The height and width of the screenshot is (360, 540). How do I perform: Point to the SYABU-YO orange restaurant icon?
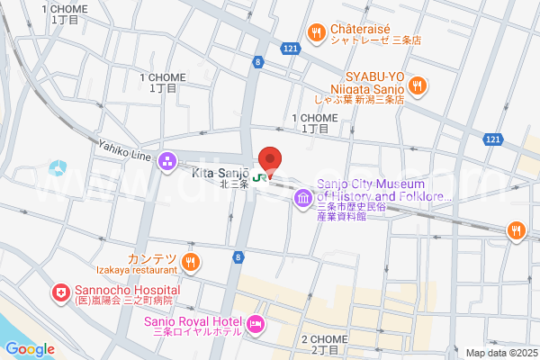coord(417,86)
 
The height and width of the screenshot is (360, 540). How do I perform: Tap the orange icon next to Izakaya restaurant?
coord(190,262)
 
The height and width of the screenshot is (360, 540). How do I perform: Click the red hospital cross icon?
coord(60,293)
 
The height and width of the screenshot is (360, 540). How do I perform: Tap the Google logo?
coord(30,349)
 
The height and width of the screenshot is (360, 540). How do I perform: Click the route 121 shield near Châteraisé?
coord(288,46)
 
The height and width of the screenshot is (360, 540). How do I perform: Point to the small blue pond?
coord(58,167)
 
